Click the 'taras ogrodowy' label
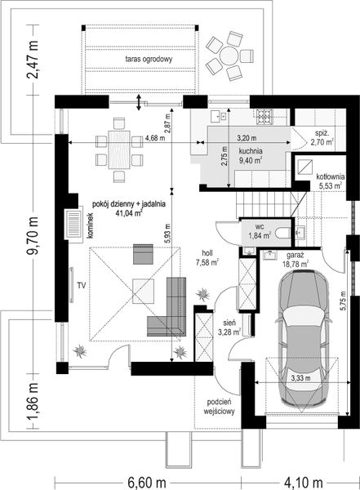click(x=149, y=59)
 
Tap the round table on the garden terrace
click(x=229, y=56)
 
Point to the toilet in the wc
click(x=283, y=233)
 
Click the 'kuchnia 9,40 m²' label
click(x=251, y=156)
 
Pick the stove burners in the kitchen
click(x=264, y=117)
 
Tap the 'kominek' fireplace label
click(x=91, y=225)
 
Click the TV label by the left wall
click(x=82, y=285)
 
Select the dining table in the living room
click(x=119, y=149)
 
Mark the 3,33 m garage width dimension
click(x=301, y=378)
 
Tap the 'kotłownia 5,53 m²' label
click(x=330, y=181)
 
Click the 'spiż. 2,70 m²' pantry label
click(x=322, y=138)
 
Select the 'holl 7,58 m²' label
click(x=207, y=258)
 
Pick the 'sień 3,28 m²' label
click(x=229, y=327)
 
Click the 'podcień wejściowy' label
click(x=219, y=407)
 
